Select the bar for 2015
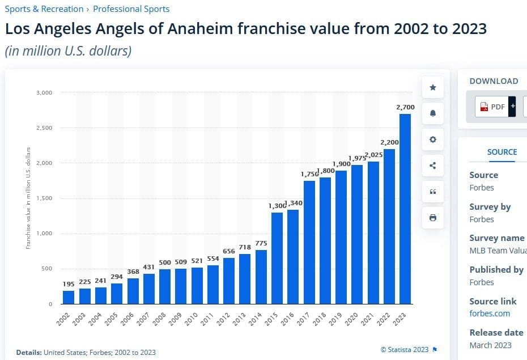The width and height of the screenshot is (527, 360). (x=277, y=258)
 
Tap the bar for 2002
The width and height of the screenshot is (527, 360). (x=69, y=297)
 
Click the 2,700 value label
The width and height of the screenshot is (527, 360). (x=406, y=107)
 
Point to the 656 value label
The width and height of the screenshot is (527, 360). (x=229, y=251)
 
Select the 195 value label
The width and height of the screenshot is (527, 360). (x=68, y=283)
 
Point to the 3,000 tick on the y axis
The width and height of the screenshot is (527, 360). (x=44, y=92)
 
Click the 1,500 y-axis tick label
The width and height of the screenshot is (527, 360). (x=44, y=198)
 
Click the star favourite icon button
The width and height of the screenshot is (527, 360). (x=433, y=87)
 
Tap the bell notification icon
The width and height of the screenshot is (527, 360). (x=433, y=113)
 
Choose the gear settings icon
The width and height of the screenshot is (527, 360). (x=433, y=139)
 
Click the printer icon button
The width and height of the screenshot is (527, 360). (x=433, y=218)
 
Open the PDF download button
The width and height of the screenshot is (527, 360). (x=493, y=107)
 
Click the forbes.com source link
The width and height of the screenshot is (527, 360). (x=490, y=314)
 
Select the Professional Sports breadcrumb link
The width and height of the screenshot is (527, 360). (x=131, y=9)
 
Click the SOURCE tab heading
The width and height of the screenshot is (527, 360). (x=502, y=152)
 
